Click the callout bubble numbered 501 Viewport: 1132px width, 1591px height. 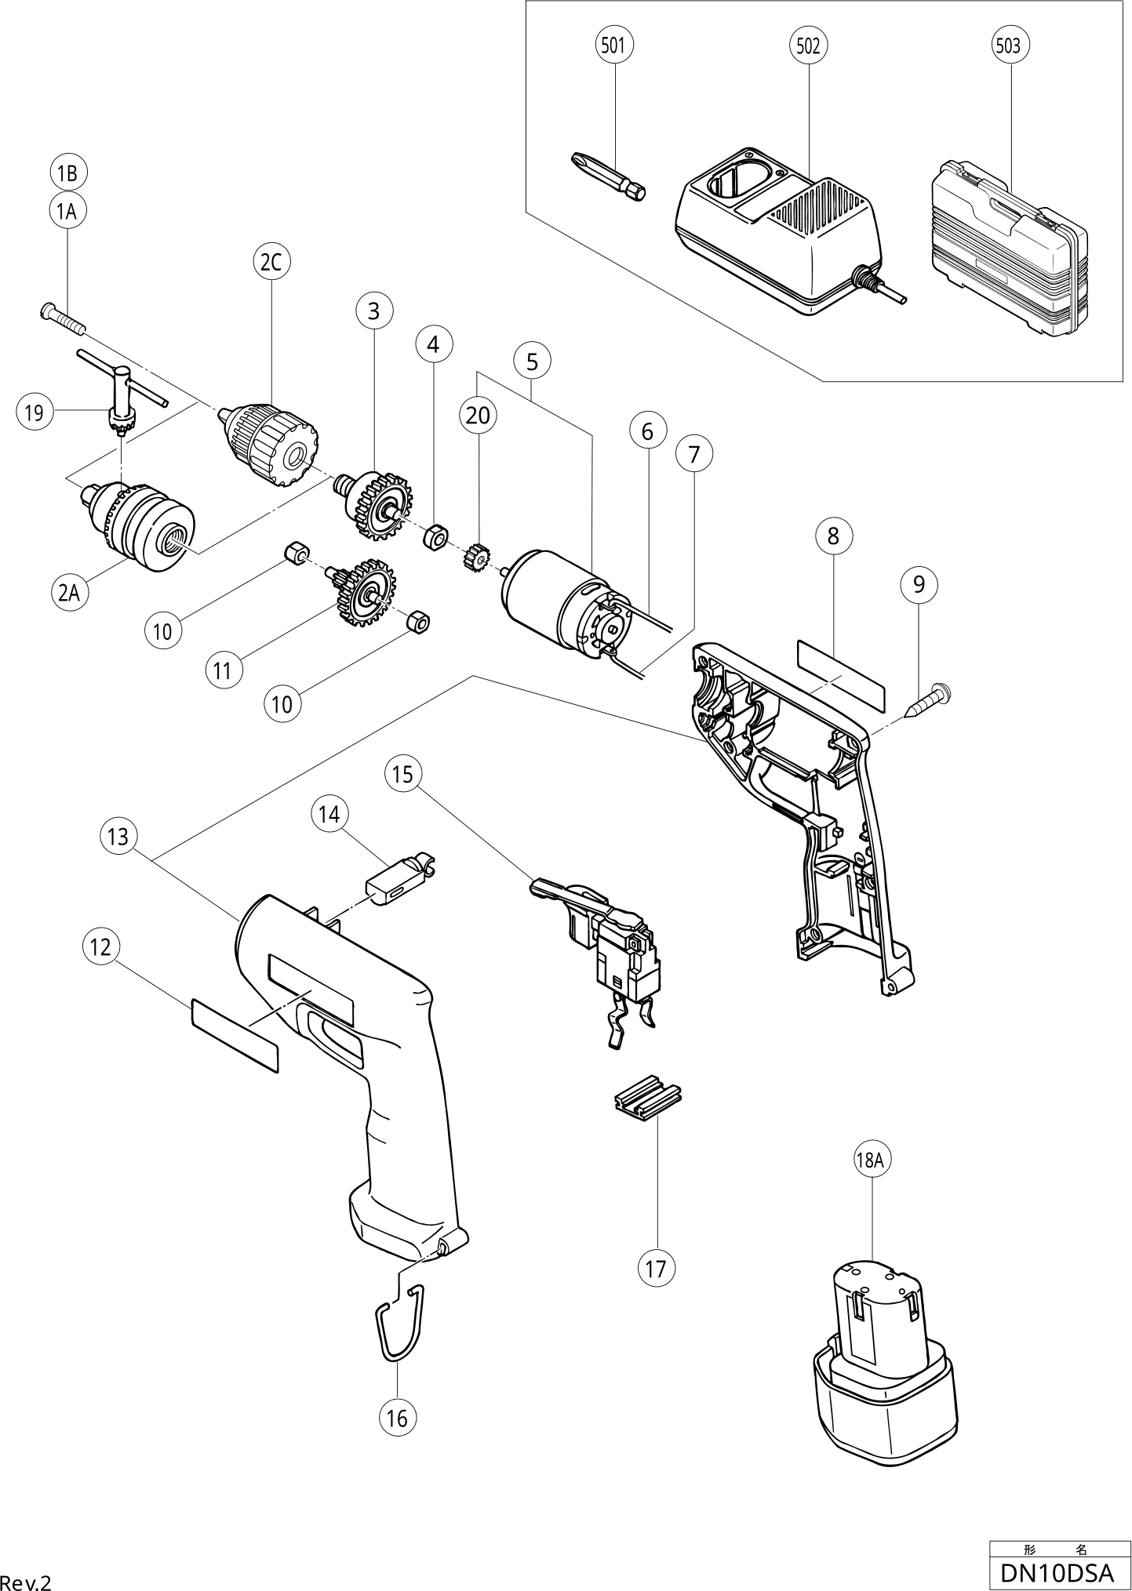(x=613, y=45)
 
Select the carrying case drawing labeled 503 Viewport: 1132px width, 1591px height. (x=1008, y=251)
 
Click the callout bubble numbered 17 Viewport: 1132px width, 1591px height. (x=656, y=1268)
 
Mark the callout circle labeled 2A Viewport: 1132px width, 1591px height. (x=70, y=593)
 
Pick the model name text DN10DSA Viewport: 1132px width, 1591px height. (x=1057, y=1571)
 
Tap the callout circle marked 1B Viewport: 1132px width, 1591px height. (x=68, y=173)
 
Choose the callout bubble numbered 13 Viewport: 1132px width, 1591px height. (x=118, y=837)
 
